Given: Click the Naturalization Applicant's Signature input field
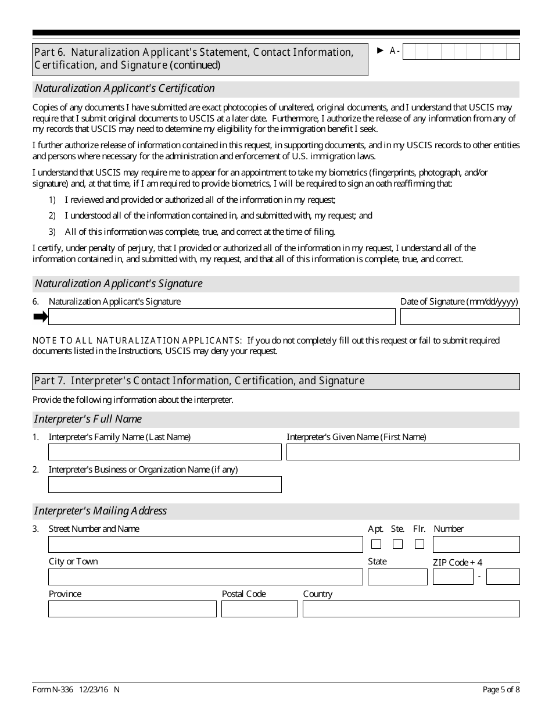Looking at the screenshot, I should point(221,316).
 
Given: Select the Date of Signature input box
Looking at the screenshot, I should point(460,316).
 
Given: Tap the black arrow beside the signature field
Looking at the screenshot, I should point(40,316).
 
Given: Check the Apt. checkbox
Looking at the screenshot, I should point(376,544).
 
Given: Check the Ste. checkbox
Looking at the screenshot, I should point(397,544).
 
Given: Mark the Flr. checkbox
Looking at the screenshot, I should point(419,544).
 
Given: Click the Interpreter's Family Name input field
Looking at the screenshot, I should point(164,452).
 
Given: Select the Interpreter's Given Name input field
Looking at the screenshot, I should point(403,452).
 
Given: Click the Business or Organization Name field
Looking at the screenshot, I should point(164,484).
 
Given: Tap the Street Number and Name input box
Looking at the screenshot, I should point(205,544).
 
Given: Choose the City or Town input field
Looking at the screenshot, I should point(205,577).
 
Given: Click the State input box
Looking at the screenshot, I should point(397,577).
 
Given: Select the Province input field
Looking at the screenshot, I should point(132,609).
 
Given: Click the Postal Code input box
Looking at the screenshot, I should point(259,609).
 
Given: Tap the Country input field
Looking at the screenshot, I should point(411,609).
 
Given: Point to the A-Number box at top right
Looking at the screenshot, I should point(461,52).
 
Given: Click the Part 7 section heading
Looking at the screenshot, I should point(199,381).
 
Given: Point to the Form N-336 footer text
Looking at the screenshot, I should point(76,689).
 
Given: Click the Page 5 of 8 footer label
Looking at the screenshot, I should point(501,689).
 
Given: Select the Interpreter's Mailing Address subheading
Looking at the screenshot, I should point(101,511).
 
